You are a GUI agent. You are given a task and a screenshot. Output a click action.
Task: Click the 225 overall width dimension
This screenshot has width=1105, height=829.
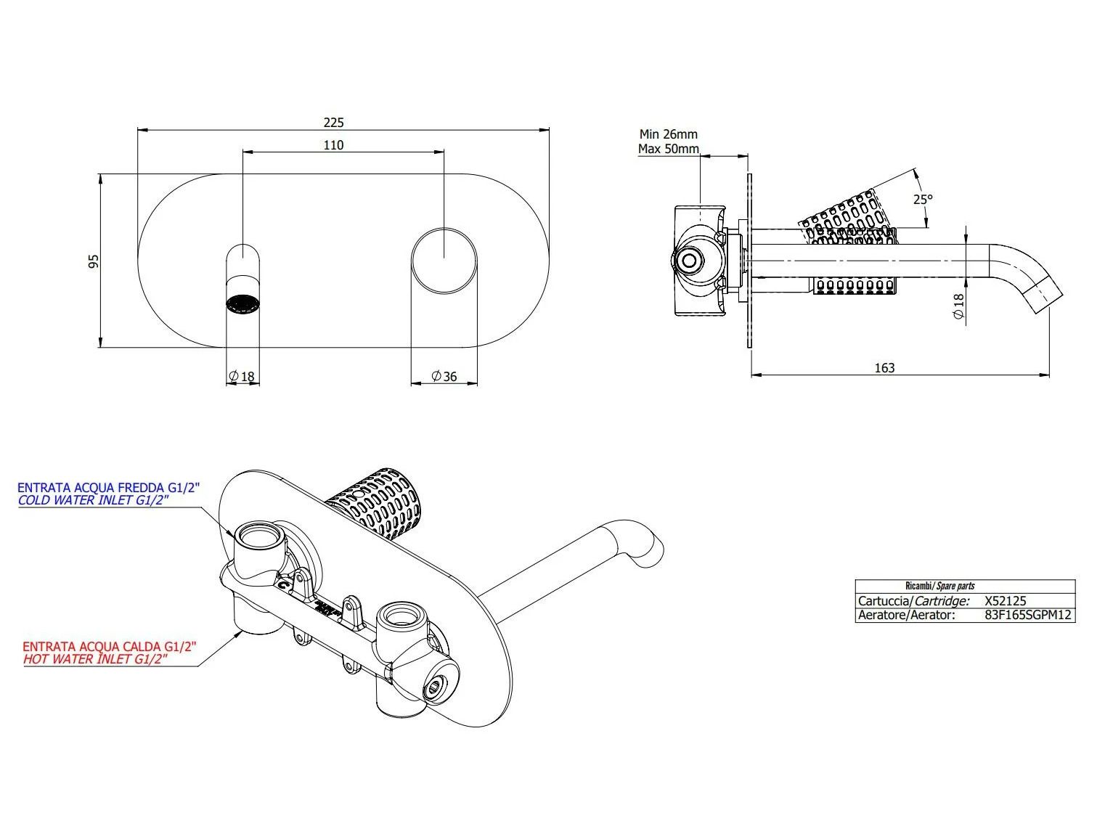coord(333,122)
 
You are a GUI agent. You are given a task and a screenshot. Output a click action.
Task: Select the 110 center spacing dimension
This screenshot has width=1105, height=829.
coord(333,145)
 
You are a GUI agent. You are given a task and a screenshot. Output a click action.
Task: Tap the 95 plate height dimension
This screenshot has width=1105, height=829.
coord(94,261)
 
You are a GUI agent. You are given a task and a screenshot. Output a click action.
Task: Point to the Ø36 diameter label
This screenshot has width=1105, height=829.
coord(444,376)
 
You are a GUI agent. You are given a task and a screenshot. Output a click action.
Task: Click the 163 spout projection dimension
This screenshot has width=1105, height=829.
coord(884,368)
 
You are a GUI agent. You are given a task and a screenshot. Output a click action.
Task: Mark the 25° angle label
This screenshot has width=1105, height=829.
coord(923,200)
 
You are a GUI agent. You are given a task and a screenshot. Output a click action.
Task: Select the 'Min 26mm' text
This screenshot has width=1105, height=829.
coord(669,134)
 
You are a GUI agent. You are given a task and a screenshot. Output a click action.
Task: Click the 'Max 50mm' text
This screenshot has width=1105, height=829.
coord(669,149)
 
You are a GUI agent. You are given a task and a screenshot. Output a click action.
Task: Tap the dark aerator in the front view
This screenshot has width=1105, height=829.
coord(242,303)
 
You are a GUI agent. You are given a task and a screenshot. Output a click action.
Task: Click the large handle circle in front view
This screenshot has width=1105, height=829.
coord(444,261)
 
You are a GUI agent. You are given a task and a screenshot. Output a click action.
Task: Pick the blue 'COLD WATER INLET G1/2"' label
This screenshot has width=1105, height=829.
coord(93,500)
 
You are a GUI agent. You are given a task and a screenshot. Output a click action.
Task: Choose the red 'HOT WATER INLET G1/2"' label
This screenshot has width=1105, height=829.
coord(95,659)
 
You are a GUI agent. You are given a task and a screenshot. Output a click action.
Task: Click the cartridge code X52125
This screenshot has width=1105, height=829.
coord(1006,600)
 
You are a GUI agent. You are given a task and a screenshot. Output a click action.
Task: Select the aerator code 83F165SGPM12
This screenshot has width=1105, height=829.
coord(1028,615)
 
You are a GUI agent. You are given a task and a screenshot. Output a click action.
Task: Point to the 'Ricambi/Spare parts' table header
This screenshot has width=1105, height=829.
coord(940,586)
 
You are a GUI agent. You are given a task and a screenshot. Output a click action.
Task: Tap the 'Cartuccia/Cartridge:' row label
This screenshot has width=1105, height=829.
coord(913,600)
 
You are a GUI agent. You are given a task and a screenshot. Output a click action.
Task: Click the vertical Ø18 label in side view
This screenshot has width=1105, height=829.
coord(958,306)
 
